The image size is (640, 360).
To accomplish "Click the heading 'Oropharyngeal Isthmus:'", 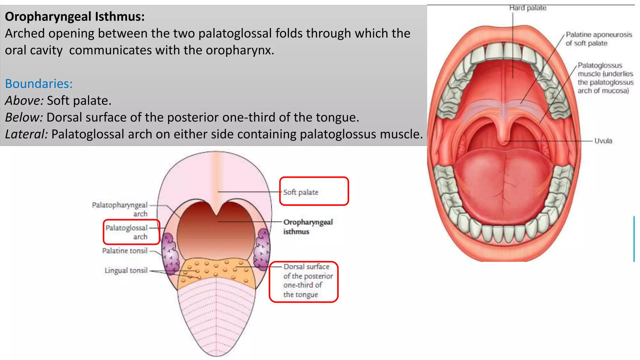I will (x=75, y=17).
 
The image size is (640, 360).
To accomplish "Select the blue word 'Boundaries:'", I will (x=39, y=84).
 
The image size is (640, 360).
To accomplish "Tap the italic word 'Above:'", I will (x=24, y=101).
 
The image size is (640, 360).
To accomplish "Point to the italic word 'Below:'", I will (x=24, y=117).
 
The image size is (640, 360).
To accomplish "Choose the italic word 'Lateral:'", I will (x=27, y=134).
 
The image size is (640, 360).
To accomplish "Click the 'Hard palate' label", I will (x=528, y=8).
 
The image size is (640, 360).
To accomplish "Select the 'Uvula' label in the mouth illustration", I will (x=603, y=141).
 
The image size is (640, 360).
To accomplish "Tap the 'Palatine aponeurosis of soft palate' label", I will (x=599, y=39).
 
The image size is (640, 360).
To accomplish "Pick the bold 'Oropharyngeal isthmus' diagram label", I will (x=308, y=227).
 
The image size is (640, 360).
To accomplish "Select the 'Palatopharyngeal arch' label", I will (x=120, y=209).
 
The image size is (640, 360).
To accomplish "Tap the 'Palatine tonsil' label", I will (x=125, y=251).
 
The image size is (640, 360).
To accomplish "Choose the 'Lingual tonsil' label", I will (x=126, y=270).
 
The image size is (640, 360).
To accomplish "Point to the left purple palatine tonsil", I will (x=171, y=253).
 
